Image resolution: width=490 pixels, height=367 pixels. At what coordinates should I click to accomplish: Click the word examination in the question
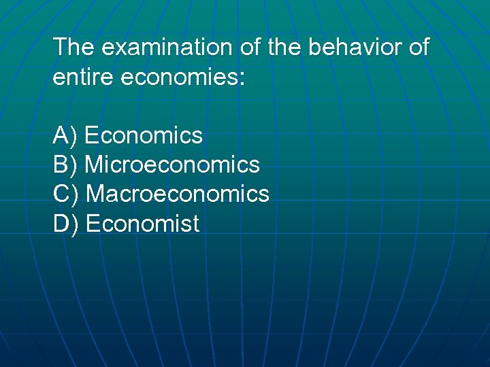[166, 48]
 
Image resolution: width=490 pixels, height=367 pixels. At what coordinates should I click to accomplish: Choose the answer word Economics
[144, 136]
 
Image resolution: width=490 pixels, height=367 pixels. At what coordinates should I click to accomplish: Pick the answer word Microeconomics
[173, 165]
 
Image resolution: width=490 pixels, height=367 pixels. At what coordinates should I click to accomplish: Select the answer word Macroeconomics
[178, 194]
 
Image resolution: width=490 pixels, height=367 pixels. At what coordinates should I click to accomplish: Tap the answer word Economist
[143, 224]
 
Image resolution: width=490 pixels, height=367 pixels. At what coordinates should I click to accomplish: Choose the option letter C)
[66, 194]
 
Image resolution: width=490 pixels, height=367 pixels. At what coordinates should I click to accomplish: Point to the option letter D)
[66, 224]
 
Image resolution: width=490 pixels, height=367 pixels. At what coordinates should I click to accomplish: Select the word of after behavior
[416, 48]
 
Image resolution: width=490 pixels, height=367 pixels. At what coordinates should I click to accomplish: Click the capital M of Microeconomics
[95, 165]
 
